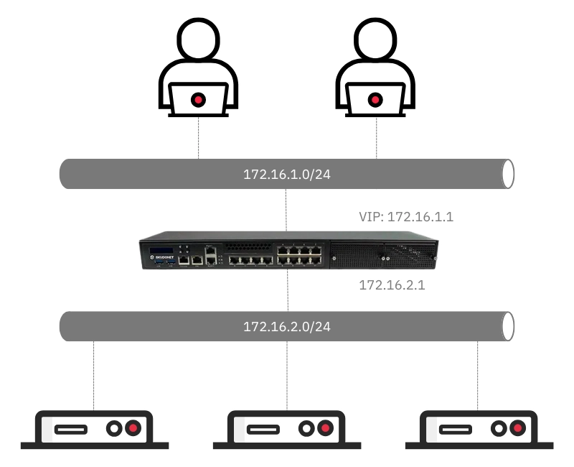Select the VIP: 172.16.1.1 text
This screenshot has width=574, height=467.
pyautogui.click(x=405, y=216)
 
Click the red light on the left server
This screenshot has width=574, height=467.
pyautogui.click(x=133, y=429)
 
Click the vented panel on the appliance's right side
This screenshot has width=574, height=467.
pyautogui.click(x=382, y=254)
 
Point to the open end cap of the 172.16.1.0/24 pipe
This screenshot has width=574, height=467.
pyautogui.click(x=508, y=175)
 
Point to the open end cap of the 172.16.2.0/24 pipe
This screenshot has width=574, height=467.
pyautogui.click(x=508, y=327)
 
